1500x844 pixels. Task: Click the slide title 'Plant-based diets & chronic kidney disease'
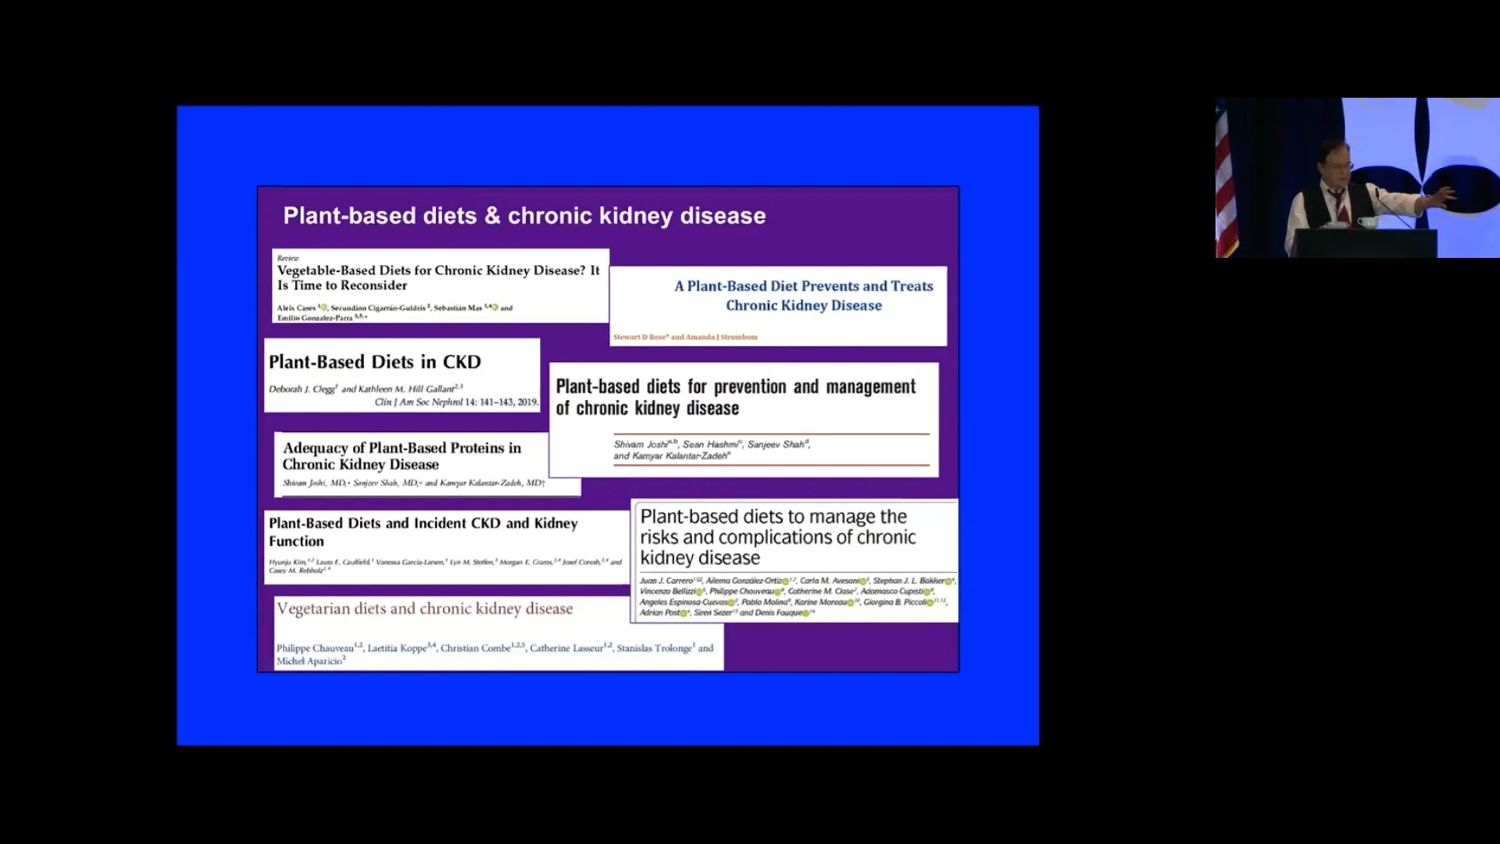tap(524, 216)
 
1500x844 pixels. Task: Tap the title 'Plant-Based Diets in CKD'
tap(374, 362)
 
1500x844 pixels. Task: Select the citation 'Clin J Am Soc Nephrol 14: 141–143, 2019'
tap(456, 402)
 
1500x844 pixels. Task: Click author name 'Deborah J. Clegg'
tap(302, 389)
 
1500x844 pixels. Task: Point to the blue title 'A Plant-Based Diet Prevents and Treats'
tap(803, 287)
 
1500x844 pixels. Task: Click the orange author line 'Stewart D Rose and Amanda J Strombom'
tap(685, 338)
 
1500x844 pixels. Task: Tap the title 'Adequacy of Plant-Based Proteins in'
tap(402, 448)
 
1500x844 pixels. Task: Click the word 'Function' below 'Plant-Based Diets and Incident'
tap(296, 542)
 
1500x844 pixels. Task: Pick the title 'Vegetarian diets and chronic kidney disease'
tap(424, 609)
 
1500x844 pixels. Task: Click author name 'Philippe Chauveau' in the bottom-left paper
tap(315, 649)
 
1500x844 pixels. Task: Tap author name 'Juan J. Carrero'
tap(666, 581)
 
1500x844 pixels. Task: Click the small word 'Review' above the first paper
tap(287, 259)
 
